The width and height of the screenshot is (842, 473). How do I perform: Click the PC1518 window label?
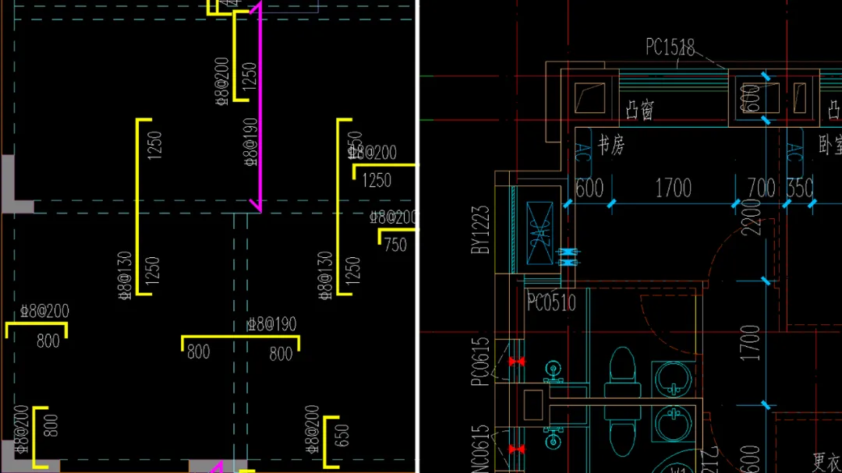coord(670,48)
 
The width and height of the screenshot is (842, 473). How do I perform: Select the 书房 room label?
coord(611,146)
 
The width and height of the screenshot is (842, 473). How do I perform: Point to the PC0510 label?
coord(551,302)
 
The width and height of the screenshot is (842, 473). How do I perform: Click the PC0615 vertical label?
coord(481,361)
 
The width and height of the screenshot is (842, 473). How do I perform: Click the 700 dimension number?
coord(761,189)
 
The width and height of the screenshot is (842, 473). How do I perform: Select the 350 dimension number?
coord(800,189)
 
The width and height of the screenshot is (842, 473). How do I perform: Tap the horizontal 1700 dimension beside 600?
coord(673,189)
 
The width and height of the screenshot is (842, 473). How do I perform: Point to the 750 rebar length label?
coord(395,245)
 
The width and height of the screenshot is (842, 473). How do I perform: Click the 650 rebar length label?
coord(341,435)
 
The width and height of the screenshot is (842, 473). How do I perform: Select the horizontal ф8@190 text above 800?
coord(271,324)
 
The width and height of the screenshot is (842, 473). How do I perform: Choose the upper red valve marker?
coord(515,362)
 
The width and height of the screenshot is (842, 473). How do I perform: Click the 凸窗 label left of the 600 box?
coord(640,111)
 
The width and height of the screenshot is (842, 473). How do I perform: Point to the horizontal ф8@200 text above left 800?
coord(44,312)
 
